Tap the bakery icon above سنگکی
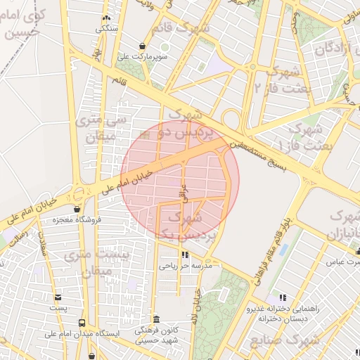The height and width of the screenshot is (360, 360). point(106,19)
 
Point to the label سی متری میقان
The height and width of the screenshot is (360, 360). point(98,129)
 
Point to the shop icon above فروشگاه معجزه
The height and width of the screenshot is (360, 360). point(77,209)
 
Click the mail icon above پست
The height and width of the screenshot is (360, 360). point(58,297)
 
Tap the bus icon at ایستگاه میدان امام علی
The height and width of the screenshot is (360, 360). point(82,323)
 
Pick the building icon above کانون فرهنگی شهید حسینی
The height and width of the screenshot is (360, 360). point(155,319)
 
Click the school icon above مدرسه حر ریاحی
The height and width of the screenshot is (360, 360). point(185,255)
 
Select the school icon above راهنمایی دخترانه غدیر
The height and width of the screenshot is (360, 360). point(283,298)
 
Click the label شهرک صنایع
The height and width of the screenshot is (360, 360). point(283,342)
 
